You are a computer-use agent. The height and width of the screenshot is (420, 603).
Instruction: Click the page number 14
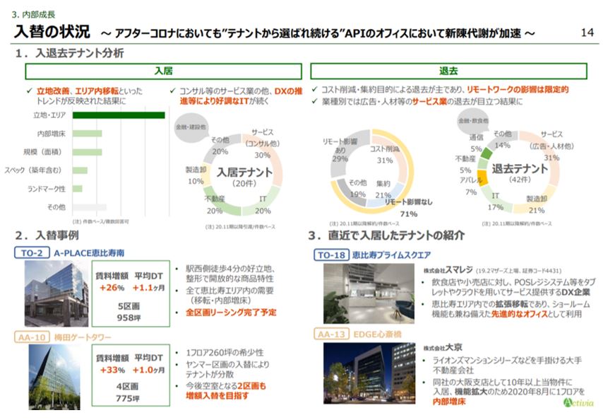pyautogui.click(x=585, y=33)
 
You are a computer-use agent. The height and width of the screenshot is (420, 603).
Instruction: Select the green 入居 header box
pyautogui.click(x=163, y=71)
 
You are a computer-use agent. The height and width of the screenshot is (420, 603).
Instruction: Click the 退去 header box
pyautogui.click(x=448, y=71)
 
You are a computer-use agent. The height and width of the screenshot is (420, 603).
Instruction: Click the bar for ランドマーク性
pyautogui.click(x=78, y=189)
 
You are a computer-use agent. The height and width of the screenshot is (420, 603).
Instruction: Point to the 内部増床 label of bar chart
pyautogui.click(x=51, y=133)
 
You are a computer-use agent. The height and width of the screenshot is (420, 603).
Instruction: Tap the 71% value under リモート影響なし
pyautogui.click(x=409, y=214)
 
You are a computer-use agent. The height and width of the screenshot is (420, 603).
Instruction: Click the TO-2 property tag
pyautogui.click(x=31, y=252)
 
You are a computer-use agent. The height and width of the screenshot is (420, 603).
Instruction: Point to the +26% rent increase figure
pyautogui.click(x=111, y=288)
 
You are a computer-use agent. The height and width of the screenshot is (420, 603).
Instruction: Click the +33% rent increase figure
pyautogui.click(x=111, y=370)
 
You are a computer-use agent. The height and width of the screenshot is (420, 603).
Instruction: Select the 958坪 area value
pyautogui.click(x=130, y=317)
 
